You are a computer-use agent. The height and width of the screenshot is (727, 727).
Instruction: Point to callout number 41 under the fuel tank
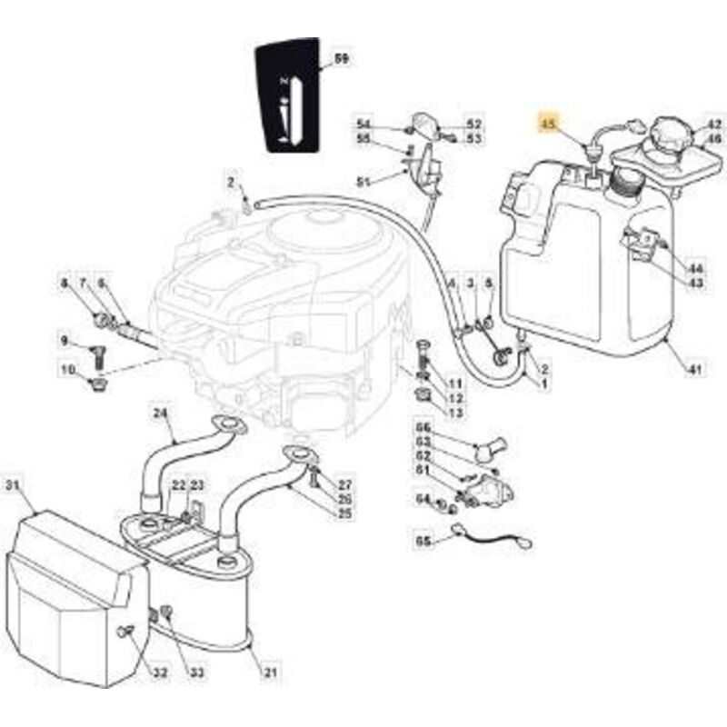[x=694, y=370]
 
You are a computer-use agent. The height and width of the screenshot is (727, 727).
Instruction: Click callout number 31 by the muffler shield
[x=12, y=486]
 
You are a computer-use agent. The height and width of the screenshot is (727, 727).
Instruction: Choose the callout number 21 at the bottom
[x=270, y=672]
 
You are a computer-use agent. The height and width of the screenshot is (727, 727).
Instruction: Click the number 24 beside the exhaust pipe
[x=161, y=413]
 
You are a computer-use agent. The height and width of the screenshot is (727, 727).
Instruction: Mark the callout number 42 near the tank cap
[x=715, y=124]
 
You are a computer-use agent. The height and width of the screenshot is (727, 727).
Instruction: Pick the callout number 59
[x=343, y=59]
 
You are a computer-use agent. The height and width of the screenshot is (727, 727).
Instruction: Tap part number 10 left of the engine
[x=67, y=369]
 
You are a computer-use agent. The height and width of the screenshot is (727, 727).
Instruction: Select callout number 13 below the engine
[x=454, y=413]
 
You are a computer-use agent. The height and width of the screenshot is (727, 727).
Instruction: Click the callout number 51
[x=364, y=182]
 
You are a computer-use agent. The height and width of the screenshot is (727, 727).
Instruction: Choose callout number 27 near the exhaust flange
[x=344, y=484]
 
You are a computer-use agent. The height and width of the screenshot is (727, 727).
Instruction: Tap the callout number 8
[x=65, y=284]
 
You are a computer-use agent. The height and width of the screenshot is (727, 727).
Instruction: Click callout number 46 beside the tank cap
[x=715, y=139]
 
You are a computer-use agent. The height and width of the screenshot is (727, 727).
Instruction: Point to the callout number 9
[x=65, y=341]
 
